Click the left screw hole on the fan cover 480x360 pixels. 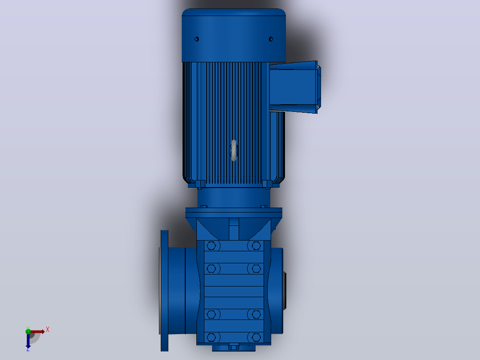click(196, 39)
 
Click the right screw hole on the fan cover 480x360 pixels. click(271, 39)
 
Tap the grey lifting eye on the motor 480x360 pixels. click(234, 151)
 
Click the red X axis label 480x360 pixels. click(48, 330)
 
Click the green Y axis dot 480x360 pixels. click(28, 331)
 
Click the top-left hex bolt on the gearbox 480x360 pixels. click(211, 246)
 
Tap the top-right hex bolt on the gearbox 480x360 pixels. click(256, 246)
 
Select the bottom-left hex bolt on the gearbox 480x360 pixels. click(211, 337)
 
